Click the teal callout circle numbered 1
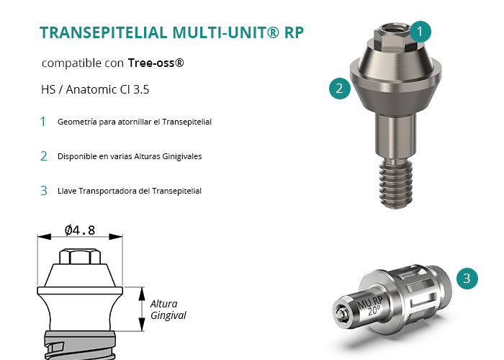(420, 32)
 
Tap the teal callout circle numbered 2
(340, 89)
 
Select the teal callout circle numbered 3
(467, 279)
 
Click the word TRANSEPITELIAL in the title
(104, 32)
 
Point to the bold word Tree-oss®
(156, 63)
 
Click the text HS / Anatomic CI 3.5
(95, 89)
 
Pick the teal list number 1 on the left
(42, 122)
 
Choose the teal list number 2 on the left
(44, 156)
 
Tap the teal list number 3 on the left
(44, 191)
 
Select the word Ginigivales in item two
(182, 156)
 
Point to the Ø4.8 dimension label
(80, 230)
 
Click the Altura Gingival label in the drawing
(168, 310)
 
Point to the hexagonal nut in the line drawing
(80, 256)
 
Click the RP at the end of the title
(294, 32)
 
